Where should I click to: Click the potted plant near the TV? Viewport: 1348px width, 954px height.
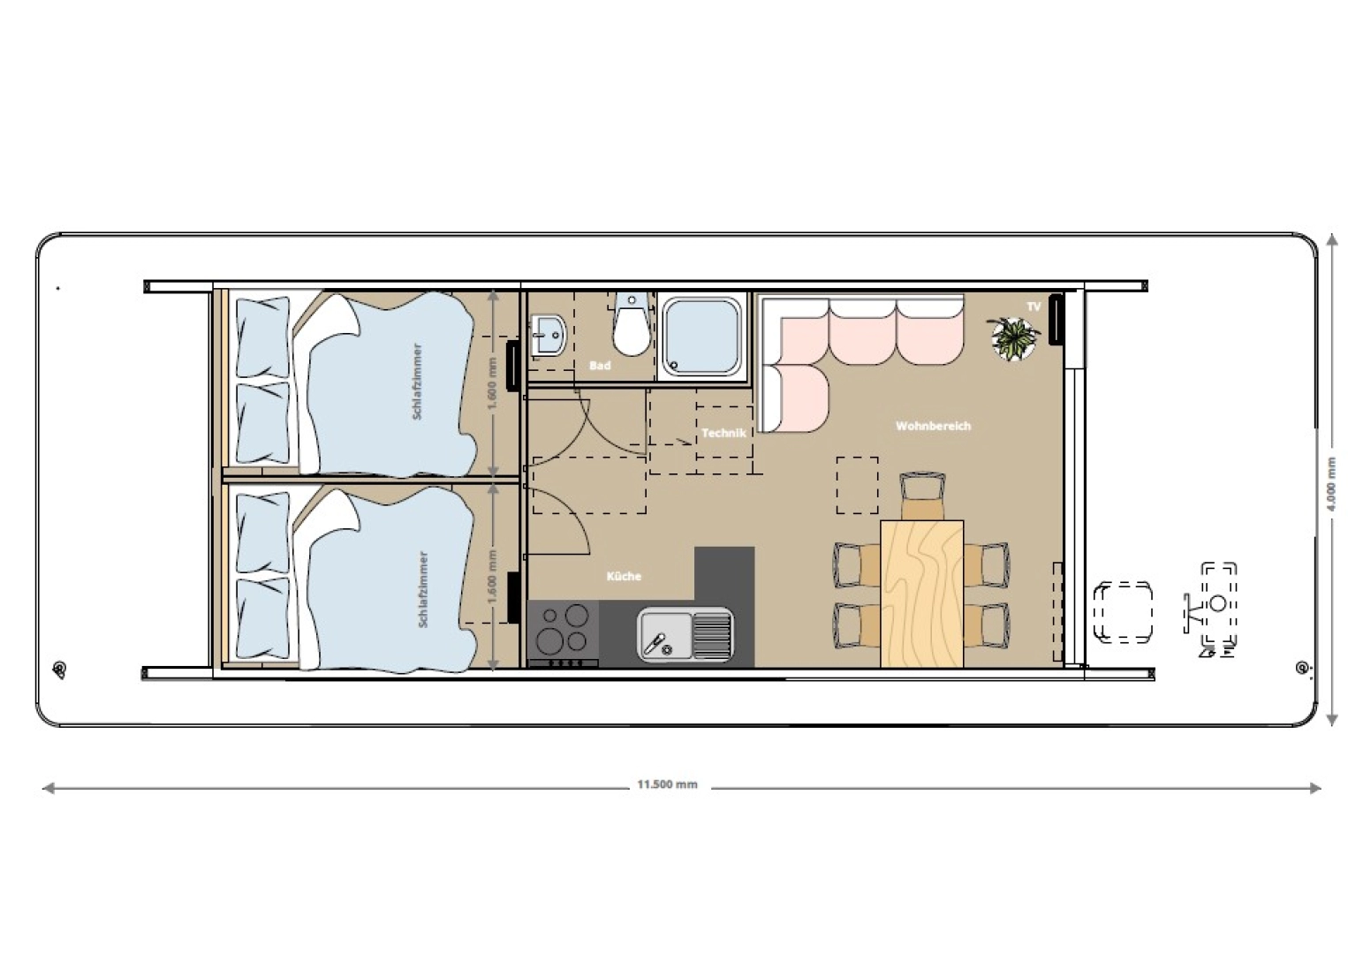click(x=1014, y=337)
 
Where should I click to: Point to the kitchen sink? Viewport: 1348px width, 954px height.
click(x=685, y=632)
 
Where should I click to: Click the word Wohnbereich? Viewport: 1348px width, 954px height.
click(x=933, y=426)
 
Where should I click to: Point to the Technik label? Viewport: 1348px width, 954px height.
click(x=723, y=433)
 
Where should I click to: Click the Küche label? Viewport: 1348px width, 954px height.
click(x=624, y=576)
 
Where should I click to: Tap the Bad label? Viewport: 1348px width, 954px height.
click(x=600, y=366)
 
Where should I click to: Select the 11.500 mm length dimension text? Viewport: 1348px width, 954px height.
click(x=667, y=784)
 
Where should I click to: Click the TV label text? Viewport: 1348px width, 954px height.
click(x=1034, y=307)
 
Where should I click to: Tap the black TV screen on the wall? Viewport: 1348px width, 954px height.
click(x=1056, y=319)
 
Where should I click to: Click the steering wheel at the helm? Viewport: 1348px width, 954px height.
click(x=1217, y=603)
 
